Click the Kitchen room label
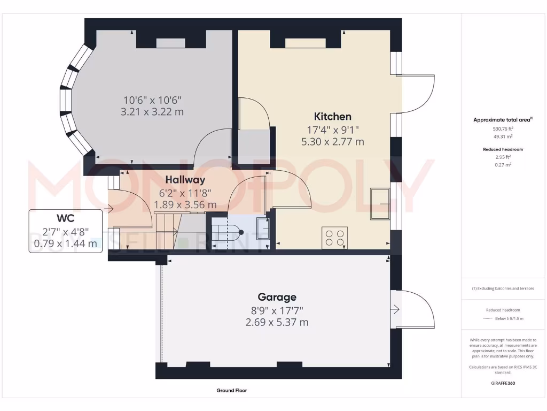pos(332,117)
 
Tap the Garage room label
pos(277,297)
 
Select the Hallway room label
pos(185,180)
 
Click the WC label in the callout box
pos(65,218)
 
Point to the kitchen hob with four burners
pos(334,237)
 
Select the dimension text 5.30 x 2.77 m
pos(332,142)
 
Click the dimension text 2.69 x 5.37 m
pos(277,322)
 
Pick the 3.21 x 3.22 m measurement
pos(152,112)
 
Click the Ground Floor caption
pos(231,391)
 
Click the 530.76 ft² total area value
pos(502,129)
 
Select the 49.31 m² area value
pos(502,136)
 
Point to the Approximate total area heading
pos(502,120)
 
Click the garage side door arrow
pos(395,309)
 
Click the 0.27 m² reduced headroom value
pos(502,165)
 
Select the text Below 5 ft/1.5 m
pos(509,318)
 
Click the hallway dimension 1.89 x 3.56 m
pos(185,204)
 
